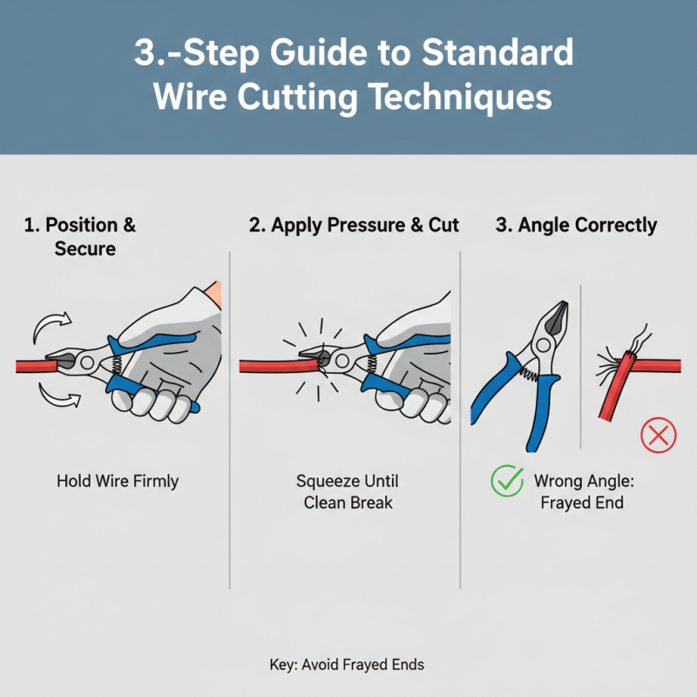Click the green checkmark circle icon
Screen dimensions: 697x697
tap(505, 481)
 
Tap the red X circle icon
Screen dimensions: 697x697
tap(658, 435)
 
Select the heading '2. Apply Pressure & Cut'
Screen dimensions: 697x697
tap(354, 225)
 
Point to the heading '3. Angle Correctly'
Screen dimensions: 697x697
tap(576, 225)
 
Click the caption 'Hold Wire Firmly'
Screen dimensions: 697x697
tap(118, 481)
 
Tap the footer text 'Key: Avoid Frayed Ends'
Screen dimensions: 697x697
tap(347, 665)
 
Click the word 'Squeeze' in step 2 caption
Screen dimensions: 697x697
tap(326, 481)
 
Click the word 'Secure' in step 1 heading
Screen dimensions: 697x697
tap(85, 248)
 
